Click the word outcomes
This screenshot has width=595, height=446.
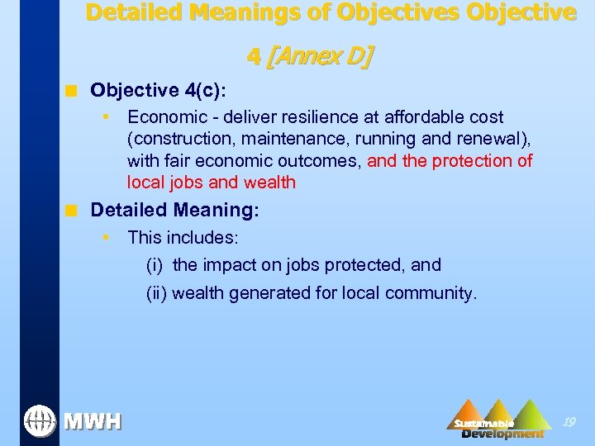(x=318, y=160)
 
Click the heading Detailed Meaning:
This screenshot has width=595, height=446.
(x=174, y=211)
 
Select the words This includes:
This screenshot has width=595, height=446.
(x=183, y=238)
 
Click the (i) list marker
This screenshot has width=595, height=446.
(x=155, y=265)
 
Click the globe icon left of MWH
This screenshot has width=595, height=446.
(x=38, y=421)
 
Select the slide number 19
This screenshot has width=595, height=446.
(x=569, y=422)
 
